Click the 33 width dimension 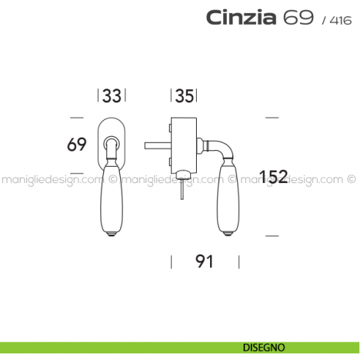[112, 96]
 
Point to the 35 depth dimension [185, 96]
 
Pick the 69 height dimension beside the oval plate [77, 144]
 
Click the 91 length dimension [204, 261]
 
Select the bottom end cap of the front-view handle [112, 233]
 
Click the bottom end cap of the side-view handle [230, 233]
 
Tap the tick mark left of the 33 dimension [99, 96]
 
